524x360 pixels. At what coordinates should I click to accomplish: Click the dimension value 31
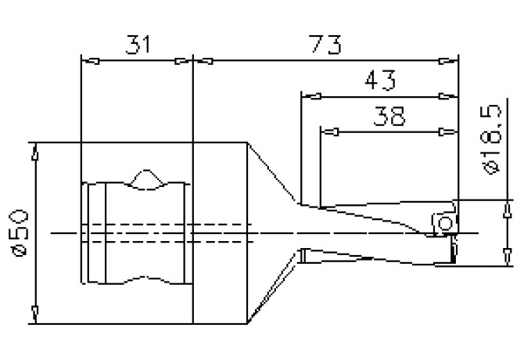(x=137, y=45)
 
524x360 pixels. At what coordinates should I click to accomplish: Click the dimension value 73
(x=323, y=45)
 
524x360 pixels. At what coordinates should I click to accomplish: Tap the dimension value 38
(x=389, y=117)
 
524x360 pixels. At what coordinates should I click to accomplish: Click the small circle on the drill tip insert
(x=445, y=225)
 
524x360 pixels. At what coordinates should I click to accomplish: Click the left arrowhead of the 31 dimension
(x=89, y=60)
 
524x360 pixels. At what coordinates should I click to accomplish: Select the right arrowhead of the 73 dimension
(x=449, y=60)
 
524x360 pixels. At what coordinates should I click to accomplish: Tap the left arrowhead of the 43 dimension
(x=310, y=96)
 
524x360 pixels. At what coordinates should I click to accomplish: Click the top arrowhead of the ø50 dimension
(x=34, y=149)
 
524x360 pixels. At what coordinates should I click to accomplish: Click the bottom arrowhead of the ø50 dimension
(x=34, y=315)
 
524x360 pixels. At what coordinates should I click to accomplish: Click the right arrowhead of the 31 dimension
(x=184, y=60)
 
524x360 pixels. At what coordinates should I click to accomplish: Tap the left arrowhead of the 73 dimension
(x=201, y=60)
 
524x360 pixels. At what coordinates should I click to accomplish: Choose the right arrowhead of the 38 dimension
(x=449, y=132)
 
